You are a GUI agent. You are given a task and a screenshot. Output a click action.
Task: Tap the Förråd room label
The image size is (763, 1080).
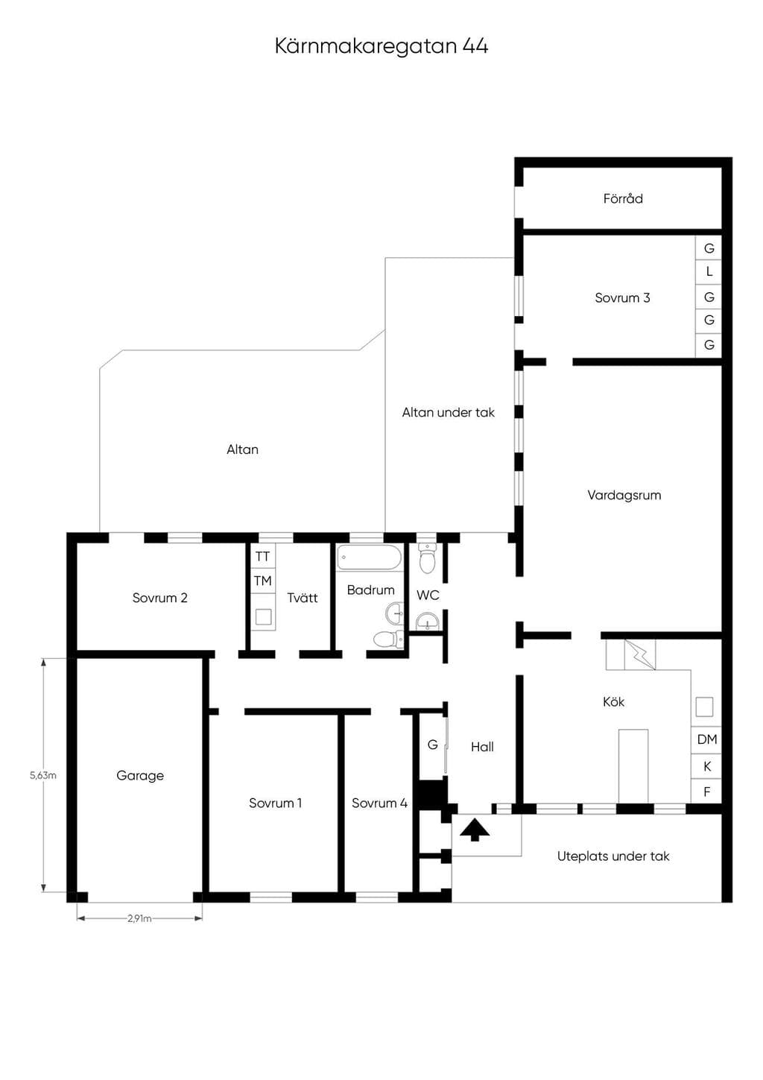click(623, 199)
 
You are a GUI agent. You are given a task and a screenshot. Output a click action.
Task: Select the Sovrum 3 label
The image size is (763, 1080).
click(622, 298)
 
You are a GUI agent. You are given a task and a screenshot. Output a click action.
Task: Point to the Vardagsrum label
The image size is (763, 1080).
click(624, 495)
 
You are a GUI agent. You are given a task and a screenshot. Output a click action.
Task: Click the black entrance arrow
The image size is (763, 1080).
click(475, 830)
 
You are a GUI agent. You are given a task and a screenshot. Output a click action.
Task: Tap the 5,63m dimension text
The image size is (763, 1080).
click(43, 775)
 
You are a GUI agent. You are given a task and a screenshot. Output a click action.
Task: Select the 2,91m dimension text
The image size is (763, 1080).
click(139, 918)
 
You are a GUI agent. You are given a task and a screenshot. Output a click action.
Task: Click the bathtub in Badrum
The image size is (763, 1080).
click(370, 558)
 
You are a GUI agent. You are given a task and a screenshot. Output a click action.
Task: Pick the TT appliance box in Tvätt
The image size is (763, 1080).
click(263, 556)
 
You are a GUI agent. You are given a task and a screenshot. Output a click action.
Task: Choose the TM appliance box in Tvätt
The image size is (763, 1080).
click(263, 581)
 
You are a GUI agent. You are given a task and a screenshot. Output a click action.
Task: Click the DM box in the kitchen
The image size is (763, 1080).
click(706, 739)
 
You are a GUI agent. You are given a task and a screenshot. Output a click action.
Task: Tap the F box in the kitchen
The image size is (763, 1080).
click(706, 792)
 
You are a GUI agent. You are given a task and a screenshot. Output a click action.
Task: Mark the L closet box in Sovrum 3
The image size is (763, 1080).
click(709, 272)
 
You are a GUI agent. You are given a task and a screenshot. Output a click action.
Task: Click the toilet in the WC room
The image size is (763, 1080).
click(427, 558)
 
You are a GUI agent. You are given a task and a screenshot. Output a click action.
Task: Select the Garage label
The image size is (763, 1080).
click(140, 775)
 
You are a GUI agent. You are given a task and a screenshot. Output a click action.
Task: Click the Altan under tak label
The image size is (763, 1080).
click(449, 412)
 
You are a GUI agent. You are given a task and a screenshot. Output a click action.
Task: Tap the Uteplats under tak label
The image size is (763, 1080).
click(613, 856)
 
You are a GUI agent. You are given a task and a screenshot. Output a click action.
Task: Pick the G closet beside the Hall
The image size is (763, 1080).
click(432, 745)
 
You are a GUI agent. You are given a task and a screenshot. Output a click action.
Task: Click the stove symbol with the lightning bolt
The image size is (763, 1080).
click(639, 654)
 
